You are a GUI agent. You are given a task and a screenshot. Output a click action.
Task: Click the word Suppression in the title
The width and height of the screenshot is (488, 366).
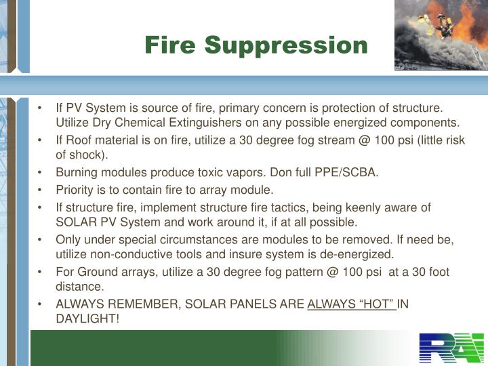point(287,45)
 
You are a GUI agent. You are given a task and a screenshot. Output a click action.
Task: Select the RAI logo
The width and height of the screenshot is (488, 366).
point(451,348)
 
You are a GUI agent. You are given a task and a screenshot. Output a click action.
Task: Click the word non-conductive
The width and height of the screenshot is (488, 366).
point(130,255)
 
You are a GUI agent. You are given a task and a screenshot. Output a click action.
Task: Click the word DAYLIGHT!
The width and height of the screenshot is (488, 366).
point(87,318)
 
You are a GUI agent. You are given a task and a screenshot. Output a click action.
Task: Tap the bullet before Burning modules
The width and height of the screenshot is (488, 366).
point(42,172)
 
